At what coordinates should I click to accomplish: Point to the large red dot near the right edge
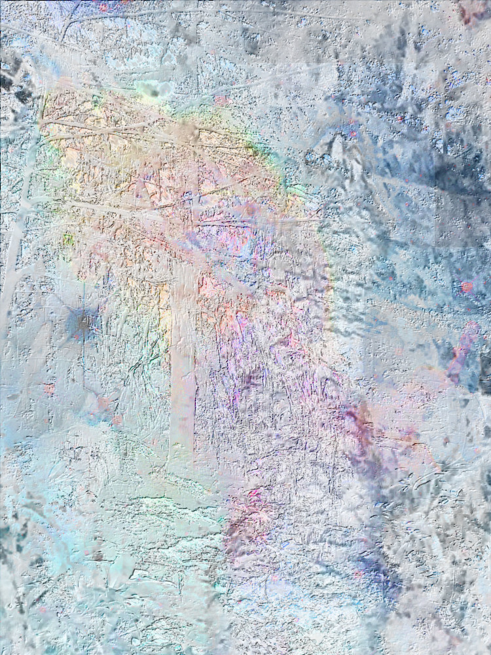(466, 287)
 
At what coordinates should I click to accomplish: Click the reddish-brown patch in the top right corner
(473, 11)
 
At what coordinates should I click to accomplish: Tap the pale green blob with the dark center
(153, 90)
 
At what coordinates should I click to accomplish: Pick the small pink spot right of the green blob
(221, 100)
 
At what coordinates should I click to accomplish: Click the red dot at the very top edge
(103, 6)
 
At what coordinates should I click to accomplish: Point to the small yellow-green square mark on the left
(67, 240)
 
